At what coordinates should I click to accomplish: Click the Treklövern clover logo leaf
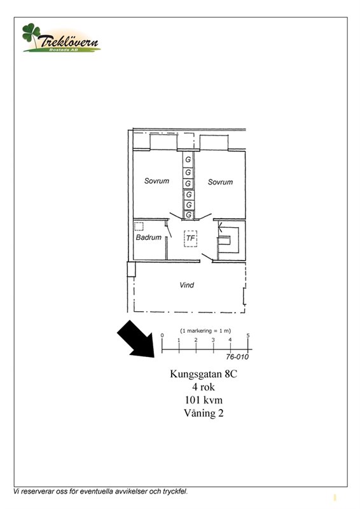point(31,33)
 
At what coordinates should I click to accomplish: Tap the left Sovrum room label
point(157,181)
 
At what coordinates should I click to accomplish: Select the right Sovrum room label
point(221,182)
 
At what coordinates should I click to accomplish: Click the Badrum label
point(149,237)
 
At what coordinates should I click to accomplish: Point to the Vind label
point(186,285)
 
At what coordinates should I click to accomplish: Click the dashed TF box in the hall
point(191,239)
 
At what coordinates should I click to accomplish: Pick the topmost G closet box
point(188,160)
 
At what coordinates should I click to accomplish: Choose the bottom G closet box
point(189,215)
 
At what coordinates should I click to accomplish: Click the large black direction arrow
point(135,338)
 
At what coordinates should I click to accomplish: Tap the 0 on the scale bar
point(162,336)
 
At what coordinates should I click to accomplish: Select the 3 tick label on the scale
point(213,340)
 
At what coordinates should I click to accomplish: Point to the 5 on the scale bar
point(248,336)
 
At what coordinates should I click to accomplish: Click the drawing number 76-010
point(237,357)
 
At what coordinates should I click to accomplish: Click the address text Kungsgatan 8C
point(204,374)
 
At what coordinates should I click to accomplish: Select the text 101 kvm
point(204,400)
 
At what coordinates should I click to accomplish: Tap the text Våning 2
point(204,413)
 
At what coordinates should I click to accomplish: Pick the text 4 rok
point(204,387)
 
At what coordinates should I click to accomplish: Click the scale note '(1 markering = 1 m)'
point(205,331)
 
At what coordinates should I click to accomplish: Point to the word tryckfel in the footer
point(176,491)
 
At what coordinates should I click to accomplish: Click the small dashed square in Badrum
point(139,227)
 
